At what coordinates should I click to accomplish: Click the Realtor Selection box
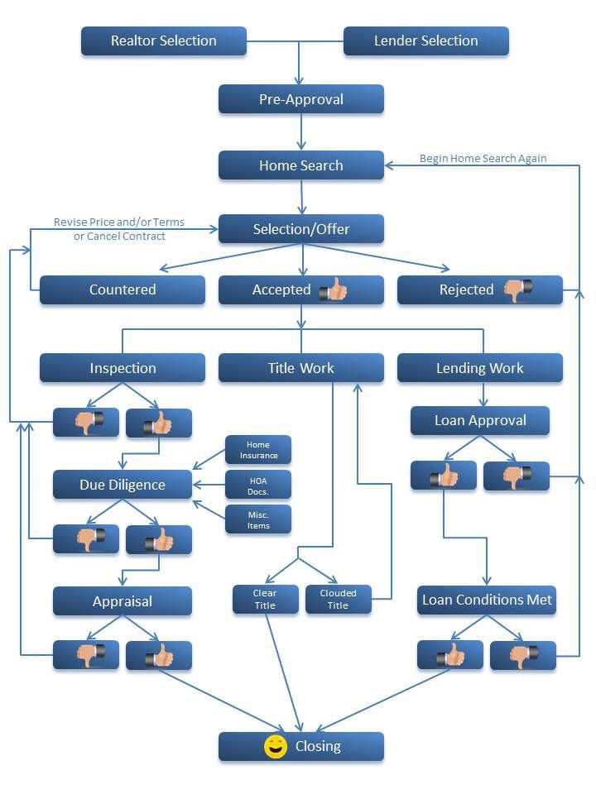point(163,41)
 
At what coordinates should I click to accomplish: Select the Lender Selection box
point(425,41)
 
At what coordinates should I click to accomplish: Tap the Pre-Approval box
point(300,99)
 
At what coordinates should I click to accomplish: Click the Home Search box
point(300,165)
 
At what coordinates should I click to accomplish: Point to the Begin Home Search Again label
point(483,158)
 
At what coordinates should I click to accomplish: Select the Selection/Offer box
point(300,229)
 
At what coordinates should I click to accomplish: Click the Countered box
point(123,289)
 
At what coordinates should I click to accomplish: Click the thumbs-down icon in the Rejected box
point(518,289)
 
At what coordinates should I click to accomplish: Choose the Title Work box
point(300,368)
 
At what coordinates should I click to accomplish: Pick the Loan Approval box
point(480,420)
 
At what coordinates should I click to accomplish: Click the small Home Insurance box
point(258,450)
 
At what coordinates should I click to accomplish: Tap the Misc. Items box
point(258,519)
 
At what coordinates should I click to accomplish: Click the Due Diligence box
point(123,485)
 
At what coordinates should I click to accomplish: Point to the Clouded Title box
point(338,599)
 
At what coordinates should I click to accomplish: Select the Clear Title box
point(265,599)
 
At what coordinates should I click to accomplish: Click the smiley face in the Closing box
point(275,746)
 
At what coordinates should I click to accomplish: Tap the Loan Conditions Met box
point(486,600)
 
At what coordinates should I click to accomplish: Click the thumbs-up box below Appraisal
point(158,656)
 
